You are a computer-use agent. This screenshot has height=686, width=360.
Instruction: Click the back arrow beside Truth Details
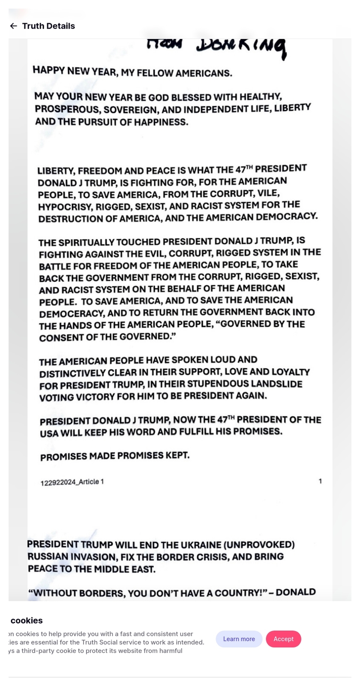(14, 26)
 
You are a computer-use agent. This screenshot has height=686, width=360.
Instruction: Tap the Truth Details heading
(48, 26)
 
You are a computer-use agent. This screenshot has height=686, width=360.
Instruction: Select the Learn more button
(239, 639)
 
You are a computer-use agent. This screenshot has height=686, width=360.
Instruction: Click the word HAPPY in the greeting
(48, 70)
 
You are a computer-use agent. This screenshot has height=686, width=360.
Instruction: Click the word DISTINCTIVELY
(72, 373)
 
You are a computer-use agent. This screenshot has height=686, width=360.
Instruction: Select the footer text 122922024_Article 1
(72, 482)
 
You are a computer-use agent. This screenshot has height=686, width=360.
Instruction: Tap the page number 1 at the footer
(320, 481)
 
